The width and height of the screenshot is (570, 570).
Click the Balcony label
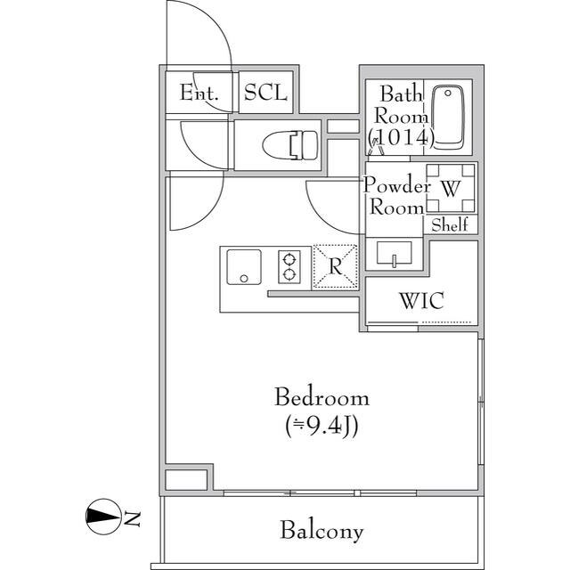pyautogui.click(x=322, y=532)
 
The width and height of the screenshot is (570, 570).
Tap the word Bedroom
pyautogui.click(x=321, y=397)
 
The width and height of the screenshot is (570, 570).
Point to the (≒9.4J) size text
pyautogui.click(x=321, y=427)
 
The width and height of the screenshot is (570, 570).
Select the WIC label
pyautogui.click(x=421, y=300)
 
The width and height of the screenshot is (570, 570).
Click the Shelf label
pyautogui.click(x=450, y=225)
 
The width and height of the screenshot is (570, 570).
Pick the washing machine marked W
pyautogui.click(x=451, y=188)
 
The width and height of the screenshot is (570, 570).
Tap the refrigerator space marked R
pyautogui.click(x=334, y=266)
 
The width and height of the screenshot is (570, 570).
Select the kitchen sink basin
pyautogui.click(x=243, y=266)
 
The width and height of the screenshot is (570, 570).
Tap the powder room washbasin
pyautogui.click(x=392, y=254)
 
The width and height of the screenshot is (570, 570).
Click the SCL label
pyautogui.click(x=266, y=93)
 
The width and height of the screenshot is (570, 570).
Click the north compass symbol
pyautogui.click(x=103, y=516)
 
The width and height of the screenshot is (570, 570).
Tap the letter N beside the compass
pyautogui.click(x=133, y=517)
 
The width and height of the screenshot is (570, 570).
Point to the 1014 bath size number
pyautogui.click(x=401, y=137)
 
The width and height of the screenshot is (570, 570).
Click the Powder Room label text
pyautogui.click(x=397, y=197)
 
